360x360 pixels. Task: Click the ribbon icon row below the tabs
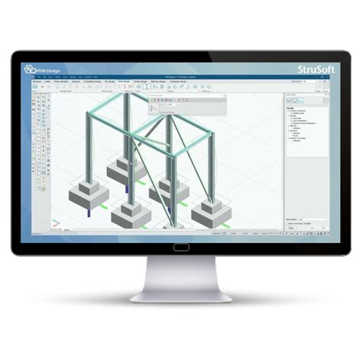coord(152,87)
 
